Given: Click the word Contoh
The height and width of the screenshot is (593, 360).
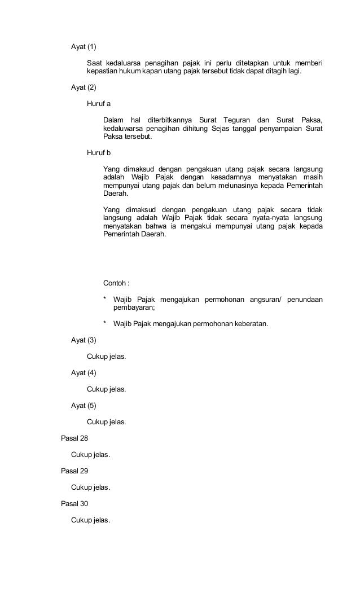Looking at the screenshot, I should click(x=116, y=283).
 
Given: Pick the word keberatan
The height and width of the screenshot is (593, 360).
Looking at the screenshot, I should click(x=249, y=324).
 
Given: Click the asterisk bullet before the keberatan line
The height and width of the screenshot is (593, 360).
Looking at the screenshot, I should click(x=105, y=324).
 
